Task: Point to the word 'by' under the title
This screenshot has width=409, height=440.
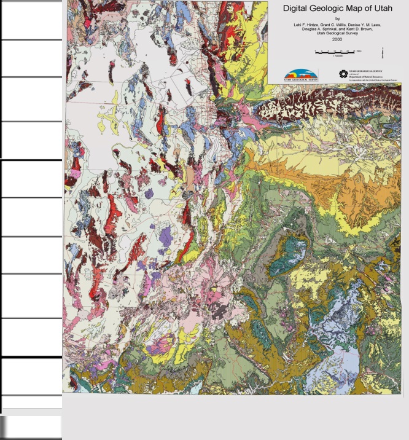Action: pyautogui.click(x=337, y=18)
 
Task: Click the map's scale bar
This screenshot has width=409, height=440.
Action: pyautogui.click(x=337, y=52)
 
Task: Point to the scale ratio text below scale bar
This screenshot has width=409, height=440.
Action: pyautogui.click(x=337, y=56)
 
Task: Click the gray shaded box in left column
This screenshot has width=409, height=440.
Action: pyautogui.click(x=31, y=426)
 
